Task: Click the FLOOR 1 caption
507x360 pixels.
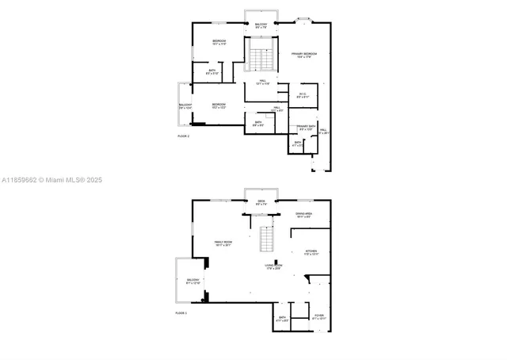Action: click(181, 313)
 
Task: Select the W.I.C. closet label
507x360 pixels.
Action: click(303, 95)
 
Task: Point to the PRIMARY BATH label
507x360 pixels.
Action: click(307, 128)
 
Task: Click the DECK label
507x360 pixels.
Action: click(261, 203)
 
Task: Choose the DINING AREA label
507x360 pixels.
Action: click(303, 215)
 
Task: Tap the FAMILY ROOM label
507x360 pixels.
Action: click(223, 243)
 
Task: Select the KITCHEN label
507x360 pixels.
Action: click(311, 253)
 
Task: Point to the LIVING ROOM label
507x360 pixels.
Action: click(273, 266)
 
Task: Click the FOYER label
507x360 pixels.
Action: click(318, 316)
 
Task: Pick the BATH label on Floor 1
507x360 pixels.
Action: click(282, 319)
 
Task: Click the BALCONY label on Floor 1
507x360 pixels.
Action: click(193, 281)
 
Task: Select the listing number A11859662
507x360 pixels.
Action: click(19, 180)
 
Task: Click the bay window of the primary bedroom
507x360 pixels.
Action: click(303, 20)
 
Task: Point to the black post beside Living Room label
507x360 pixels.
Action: click(276, 263)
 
